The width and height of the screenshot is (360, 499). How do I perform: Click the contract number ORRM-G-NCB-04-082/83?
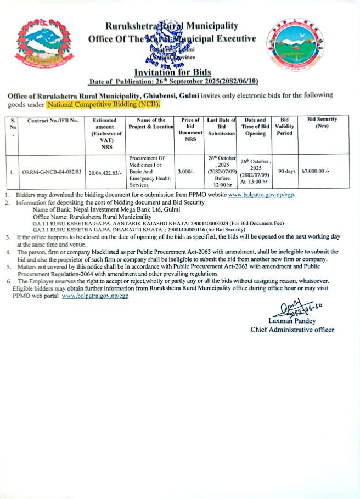click(x=52, y=172)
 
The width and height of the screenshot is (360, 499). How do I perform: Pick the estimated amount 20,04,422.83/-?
click(x=106, y=172)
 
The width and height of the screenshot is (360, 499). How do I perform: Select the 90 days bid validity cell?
click(x=286, y=171)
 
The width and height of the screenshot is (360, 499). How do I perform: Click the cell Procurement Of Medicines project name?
click(x=145, y=172)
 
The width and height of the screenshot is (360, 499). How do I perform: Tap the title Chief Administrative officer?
click(x=292, y=330)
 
